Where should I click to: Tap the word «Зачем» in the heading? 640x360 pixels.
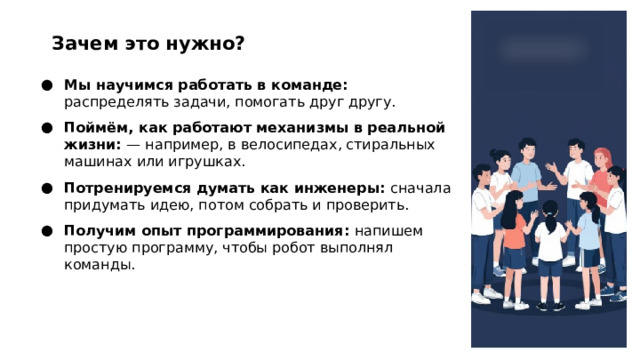tap(83, 44)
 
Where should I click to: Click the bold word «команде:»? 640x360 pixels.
tap(311, 86)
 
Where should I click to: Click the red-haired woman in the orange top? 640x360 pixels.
tap(600, 190)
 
